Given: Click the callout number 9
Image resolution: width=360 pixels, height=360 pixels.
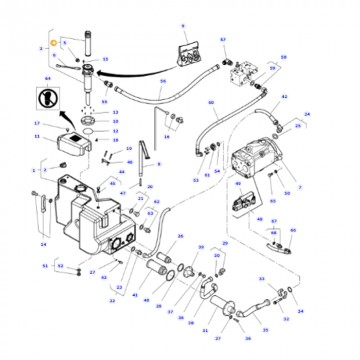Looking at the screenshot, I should click(183, 26).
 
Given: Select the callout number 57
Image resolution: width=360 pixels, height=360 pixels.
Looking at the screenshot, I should click(223, 40).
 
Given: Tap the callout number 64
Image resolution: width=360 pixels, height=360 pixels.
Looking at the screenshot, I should click(48, 79).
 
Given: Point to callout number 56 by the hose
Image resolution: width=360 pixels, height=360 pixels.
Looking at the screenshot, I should click(163, 81).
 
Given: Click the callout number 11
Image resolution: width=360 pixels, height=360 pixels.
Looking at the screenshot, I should click(37, 136).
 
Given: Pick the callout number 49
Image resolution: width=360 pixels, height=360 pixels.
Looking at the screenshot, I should click(238, 184).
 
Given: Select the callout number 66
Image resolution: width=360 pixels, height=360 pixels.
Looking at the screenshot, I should click(293, 230).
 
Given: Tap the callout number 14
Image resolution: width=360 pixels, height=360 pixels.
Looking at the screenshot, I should click(44, 244).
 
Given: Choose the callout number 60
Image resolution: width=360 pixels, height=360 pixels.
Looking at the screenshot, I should click(211, 103).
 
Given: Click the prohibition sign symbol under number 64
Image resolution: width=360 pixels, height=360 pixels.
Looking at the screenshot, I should click(48, 98).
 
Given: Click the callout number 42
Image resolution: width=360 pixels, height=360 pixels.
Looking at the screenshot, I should click(284, 97).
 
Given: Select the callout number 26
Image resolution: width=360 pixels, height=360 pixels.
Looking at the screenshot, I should click(181, 236).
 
